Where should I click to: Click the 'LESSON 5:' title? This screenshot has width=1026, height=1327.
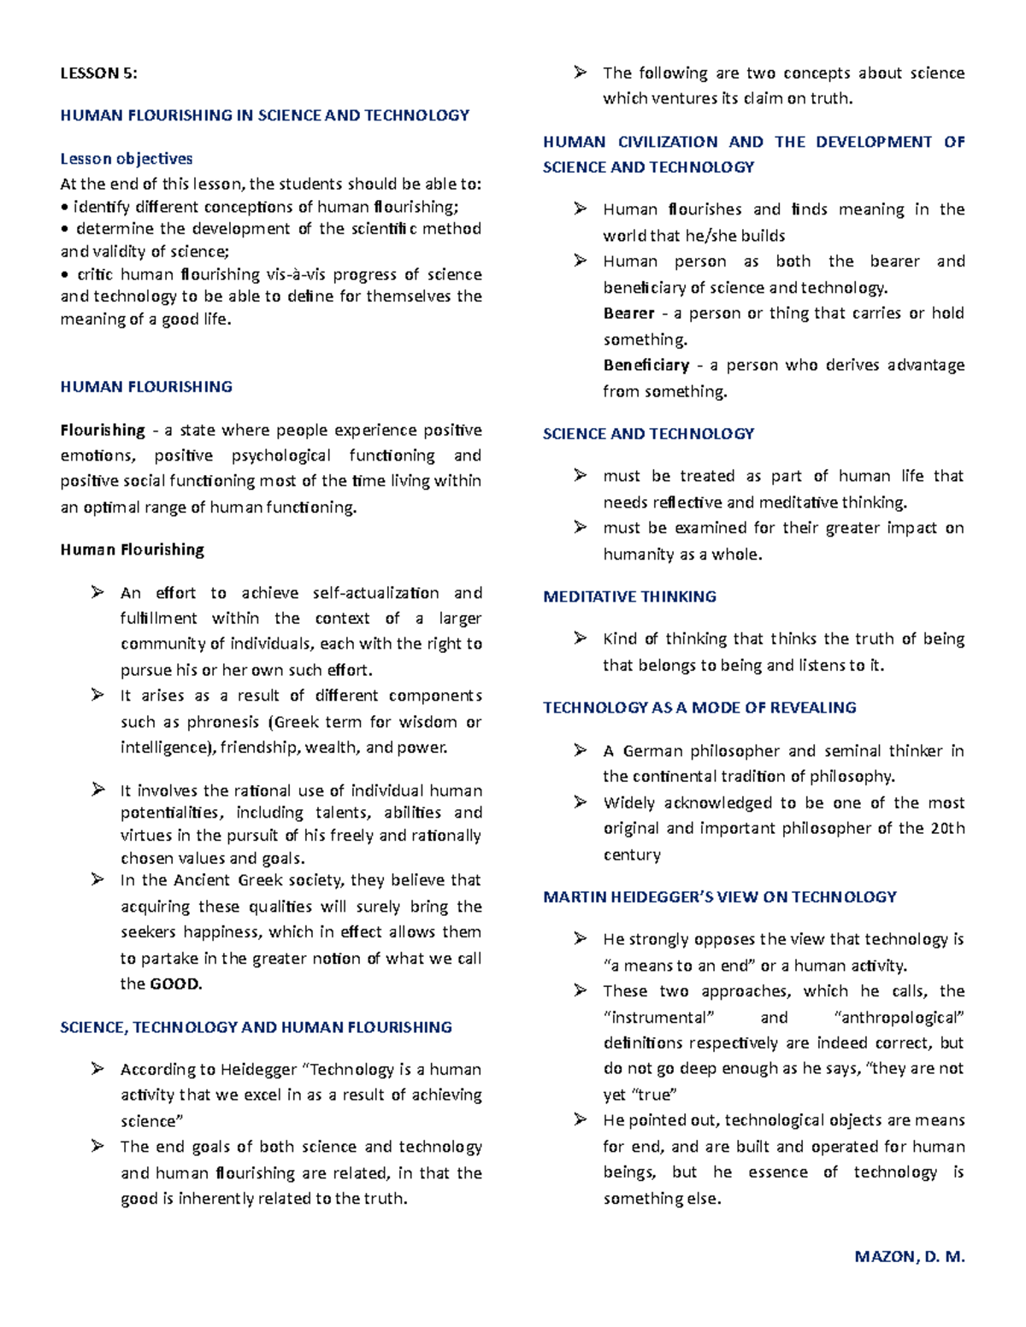pos(98,73)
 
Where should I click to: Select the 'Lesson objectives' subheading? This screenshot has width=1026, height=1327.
pos(127,158)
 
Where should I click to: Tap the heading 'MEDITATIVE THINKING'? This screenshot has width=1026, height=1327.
pos(629,596)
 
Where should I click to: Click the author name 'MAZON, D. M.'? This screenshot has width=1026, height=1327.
pos(910,1256)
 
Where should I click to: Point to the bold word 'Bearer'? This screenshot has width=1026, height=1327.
pos(628,314)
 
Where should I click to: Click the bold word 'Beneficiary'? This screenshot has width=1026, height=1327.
pos(646,365)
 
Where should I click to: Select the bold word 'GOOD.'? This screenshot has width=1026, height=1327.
pos(176,984)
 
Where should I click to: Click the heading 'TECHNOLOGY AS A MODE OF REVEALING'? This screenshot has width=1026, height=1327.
pos(699,708)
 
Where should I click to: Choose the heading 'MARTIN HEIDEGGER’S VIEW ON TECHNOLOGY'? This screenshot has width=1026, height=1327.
pos(720,896)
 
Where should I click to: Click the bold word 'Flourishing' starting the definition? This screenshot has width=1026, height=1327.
pos(103,430)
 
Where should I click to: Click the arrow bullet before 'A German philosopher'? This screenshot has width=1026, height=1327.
pos(581,750)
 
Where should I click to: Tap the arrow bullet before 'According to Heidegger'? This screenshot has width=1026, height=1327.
pos(98,1068)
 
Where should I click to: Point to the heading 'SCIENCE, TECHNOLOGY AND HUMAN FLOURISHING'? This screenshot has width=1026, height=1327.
pos(256,1027)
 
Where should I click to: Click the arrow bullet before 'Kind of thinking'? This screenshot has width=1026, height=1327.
pos(581,637)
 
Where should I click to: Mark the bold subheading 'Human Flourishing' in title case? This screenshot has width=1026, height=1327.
pos(132,549)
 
